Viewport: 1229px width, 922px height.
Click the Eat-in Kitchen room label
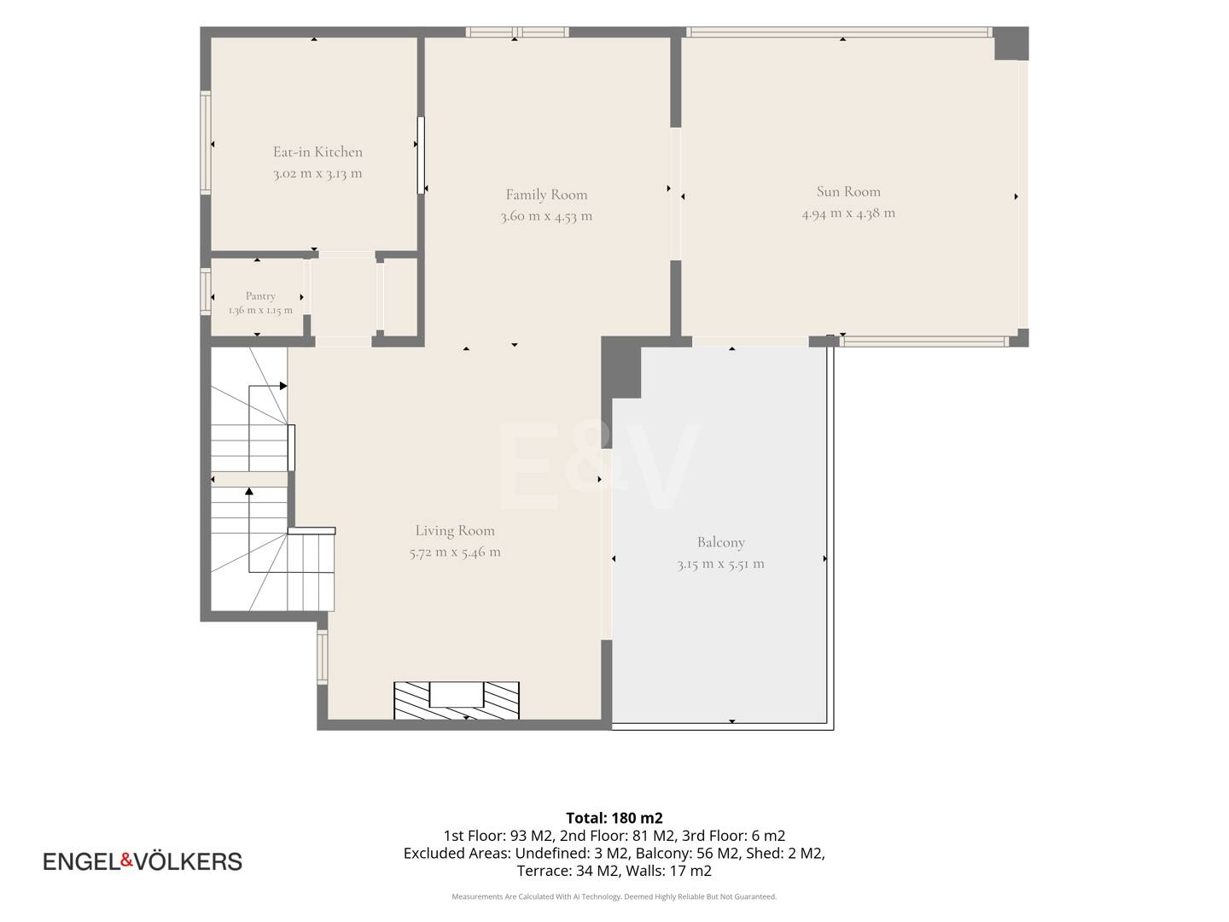[317, 152]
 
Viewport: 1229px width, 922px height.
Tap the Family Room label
[546, 195]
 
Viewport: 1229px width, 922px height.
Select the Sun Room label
[848, 191]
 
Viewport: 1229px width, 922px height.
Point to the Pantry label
[260, 296]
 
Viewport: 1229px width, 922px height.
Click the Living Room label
[455, 530]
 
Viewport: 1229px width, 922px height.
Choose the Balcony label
[720, 542]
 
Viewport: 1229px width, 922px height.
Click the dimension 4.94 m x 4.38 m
[848, 213]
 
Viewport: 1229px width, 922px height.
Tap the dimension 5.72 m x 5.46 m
[455, 552]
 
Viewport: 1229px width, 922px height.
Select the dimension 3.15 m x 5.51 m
[720, 563]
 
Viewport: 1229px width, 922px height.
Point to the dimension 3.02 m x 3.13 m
[317, 173]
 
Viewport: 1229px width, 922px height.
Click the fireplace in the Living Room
[457, 700]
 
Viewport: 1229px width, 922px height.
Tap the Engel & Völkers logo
[143, 861]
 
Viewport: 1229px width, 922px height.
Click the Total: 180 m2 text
[614, 818]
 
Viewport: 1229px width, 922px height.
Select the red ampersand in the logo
[127, 860]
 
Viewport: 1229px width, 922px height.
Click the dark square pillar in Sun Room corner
[1011, 43]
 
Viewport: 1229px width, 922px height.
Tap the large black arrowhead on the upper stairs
[283, 386]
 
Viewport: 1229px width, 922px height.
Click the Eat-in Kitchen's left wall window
[206, 143]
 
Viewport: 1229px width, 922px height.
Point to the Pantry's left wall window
[206, 291]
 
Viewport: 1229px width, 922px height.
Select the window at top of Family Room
[517, 32]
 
